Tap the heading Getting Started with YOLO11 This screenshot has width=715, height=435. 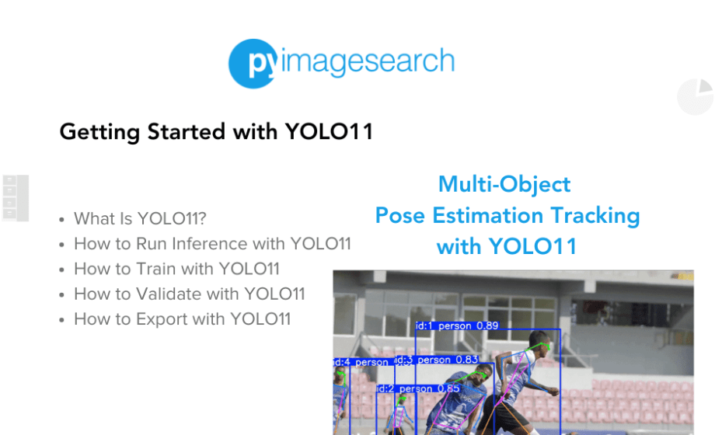click(x=216, y=132)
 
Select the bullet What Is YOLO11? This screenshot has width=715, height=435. click(x=140, y=218)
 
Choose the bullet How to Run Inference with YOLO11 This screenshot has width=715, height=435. click(x=212, y=244)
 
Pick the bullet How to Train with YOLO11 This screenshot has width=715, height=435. click(x=176, y=269)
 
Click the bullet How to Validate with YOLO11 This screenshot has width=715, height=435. click(x=189, y=294)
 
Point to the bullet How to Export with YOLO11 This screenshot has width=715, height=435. click(x=182, y=318)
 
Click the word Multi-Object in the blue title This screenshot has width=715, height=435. click(x=504, y=184)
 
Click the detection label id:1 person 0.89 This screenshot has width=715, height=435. click(x=457, y=325)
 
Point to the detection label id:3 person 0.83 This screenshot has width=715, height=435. click(x=437, y=360)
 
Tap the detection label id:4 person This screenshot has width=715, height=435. click(x=361, y=362)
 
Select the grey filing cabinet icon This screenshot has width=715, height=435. click(x=16, y=198)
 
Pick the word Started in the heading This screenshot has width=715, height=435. click(x=179, y=132)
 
